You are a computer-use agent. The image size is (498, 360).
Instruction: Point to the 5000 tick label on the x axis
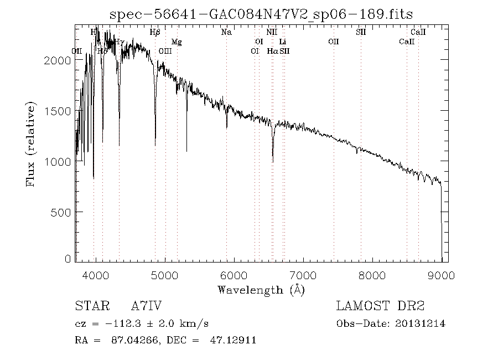point(165,275)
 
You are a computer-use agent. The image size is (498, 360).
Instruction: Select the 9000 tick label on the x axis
point(441,275)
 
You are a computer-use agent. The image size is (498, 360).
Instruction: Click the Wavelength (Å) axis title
point(261,289)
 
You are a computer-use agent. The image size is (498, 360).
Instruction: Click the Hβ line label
point(155,32)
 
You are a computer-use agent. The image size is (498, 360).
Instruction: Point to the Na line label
point(226,32)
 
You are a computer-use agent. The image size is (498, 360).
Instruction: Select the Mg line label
point(176,42)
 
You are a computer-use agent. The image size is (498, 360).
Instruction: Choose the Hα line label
point(272,51)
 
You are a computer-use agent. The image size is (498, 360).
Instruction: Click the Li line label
point(283,42)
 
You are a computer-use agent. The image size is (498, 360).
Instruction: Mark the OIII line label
point(165,51)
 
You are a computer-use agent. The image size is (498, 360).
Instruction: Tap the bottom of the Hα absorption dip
point(273,161)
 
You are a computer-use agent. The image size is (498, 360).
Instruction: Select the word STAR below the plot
point(91,306)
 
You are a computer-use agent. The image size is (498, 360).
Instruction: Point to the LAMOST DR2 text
point(380,306)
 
